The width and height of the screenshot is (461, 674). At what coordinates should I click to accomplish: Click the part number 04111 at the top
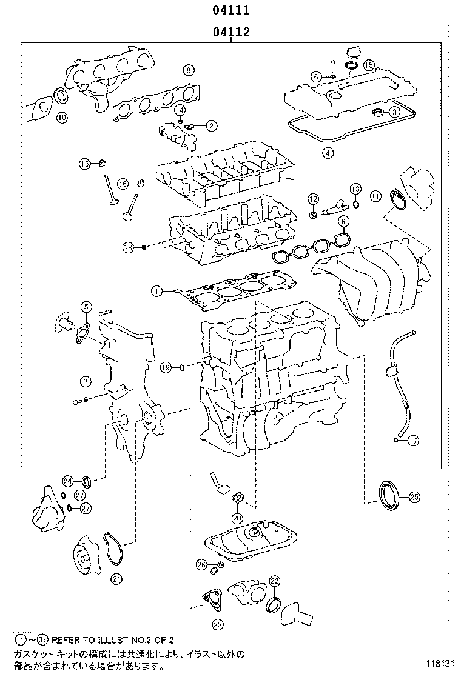231,10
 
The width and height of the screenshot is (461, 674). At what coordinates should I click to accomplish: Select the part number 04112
231,32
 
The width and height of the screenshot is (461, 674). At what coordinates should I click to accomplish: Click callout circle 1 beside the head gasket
156,292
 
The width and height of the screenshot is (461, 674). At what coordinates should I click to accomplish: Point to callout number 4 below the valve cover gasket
328,153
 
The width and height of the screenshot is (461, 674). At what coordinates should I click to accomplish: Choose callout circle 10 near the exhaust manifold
62,118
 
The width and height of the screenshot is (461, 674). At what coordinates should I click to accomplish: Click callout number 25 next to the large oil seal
414,497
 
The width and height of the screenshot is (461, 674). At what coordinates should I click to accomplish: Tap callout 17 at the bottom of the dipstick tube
413,441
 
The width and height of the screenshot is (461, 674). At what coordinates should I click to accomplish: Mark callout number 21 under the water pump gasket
116,578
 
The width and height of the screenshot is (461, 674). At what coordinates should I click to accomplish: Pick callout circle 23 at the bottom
218,624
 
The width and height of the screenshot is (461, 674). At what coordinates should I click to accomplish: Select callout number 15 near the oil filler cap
369,64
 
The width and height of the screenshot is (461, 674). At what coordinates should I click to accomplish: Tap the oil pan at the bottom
252,541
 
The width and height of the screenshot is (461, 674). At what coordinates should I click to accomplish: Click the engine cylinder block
273,376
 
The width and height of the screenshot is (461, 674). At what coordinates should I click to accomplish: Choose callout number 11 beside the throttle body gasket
376,196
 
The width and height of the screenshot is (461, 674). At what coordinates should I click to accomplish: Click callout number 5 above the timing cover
86,307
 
